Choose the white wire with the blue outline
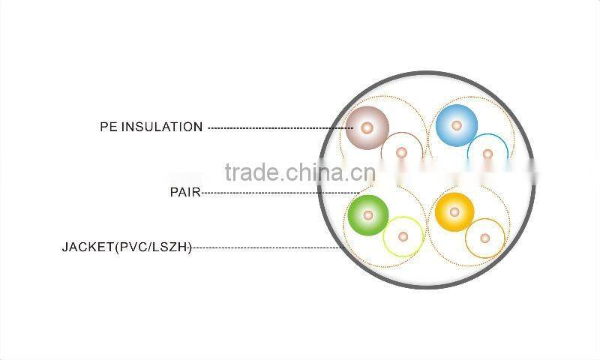(x=487, y=154)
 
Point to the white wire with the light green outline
(x=403, y=236)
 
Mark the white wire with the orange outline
(x=484, y=238)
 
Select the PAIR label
(x=184, y=192)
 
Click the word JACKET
(x=87, y=246)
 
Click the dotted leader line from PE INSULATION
(x=270, y=127)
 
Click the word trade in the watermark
(x=252, y=172)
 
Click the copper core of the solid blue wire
(x=457, y=125)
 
